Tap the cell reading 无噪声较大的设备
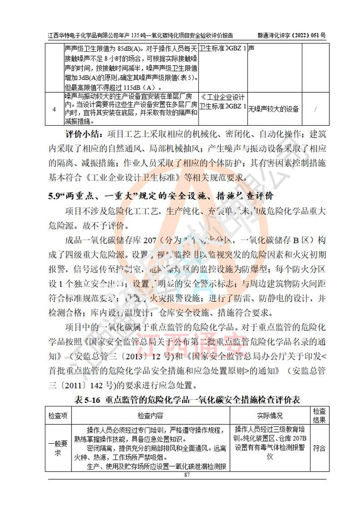(x=274, y=109)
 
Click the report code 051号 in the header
(x=313, y=35)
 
